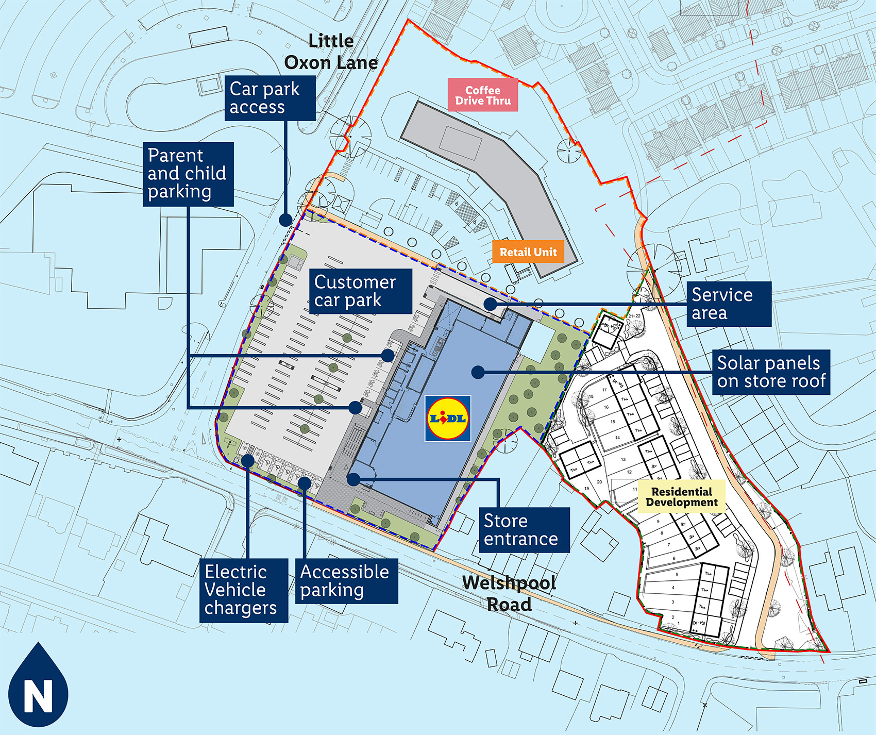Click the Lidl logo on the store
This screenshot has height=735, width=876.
point(448,419)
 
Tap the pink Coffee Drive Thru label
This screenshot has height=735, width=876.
point(483,95)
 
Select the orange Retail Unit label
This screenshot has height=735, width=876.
point(528,252)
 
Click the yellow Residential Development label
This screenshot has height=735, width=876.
point(681,497)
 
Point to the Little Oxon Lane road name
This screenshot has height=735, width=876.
point(331,52)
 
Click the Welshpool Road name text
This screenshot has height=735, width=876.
point(509,593)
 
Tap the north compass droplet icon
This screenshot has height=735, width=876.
point(38,686)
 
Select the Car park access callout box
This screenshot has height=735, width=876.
point(270,98)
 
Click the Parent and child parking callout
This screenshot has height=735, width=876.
point(188,174)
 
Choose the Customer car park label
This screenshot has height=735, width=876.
point(361,291)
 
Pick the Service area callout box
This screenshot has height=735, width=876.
point(729,304)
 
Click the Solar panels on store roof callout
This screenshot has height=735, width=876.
point(771,372)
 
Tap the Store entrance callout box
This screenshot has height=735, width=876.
point(524,530)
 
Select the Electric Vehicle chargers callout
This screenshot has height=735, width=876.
point(243,590)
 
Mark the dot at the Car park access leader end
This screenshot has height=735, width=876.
point(285,220)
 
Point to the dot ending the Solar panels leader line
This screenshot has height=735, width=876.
point(478,372)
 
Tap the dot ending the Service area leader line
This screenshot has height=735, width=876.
point(490,304)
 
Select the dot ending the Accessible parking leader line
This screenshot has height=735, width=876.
point(305,483)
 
